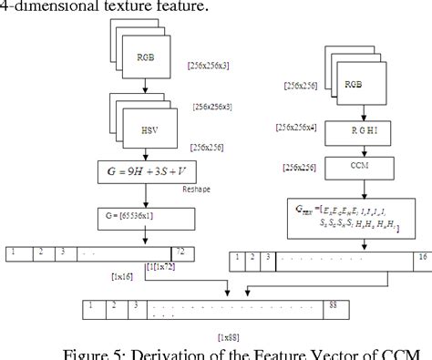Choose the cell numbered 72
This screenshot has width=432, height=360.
point(180,251)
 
